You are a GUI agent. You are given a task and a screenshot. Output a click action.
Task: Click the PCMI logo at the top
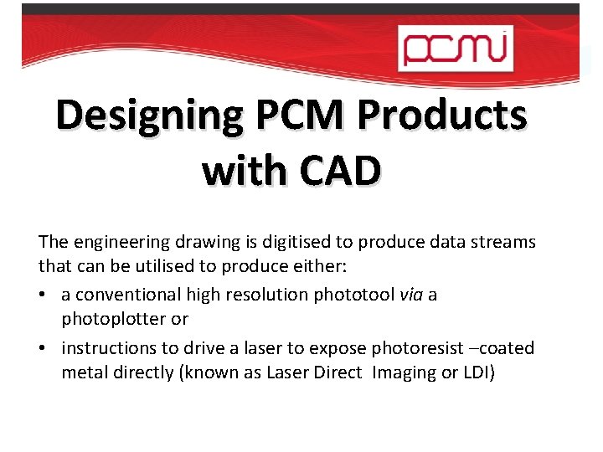453,47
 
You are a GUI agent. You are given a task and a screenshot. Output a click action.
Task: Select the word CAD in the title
338,171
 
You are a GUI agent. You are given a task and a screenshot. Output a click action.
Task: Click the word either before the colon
394,269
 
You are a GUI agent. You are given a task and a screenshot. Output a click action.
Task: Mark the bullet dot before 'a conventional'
42,295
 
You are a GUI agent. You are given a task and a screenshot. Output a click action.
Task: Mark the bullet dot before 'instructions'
42,348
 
